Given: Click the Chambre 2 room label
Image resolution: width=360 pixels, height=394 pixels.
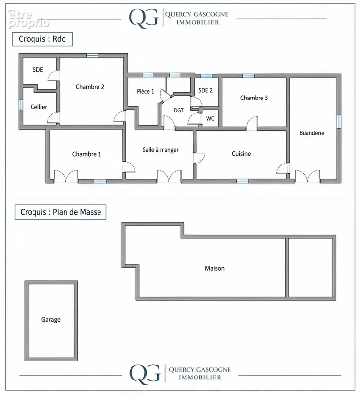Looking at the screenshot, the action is click(90, 87).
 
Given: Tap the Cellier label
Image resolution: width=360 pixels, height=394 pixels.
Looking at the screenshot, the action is click(39, 107).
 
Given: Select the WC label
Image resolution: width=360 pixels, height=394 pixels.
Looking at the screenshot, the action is click(210, 118).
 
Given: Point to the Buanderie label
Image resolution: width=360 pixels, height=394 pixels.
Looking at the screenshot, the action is click(312, 133).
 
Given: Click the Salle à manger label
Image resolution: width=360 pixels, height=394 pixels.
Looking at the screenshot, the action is click(161, 150).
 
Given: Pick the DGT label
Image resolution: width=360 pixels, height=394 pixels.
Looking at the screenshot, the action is click(179, 110).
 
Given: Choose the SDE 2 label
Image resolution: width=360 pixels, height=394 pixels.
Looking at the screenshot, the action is click(205, 90).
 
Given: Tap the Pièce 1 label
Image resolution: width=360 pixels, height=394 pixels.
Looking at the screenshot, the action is click(145, 91).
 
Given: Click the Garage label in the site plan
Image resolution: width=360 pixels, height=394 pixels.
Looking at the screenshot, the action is click(51, 320).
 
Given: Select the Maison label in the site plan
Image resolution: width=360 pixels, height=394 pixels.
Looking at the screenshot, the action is click(215, 268).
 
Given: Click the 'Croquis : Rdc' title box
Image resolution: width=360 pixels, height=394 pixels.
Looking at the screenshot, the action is click(42, 39).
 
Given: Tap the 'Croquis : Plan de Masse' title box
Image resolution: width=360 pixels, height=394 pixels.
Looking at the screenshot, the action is click(61, 212).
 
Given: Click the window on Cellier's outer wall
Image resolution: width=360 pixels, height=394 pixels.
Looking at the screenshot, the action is click(21, 105).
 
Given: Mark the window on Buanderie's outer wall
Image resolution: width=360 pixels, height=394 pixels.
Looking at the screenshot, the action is click(339, 121).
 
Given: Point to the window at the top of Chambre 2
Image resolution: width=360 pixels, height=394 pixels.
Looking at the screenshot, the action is click(93, 55).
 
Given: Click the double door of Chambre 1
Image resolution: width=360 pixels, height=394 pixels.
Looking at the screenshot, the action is click(66, 176).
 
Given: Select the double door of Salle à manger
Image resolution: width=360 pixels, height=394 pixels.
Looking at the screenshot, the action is click(169, 176).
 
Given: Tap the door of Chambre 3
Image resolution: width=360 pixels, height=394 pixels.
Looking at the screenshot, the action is click(252, 123).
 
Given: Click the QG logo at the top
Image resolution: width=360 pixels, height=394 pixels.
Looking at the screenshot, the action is click(143, 18).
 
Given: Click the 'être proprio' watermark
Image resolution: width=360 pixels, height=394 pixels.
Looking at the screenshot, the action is click(29, 19).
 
